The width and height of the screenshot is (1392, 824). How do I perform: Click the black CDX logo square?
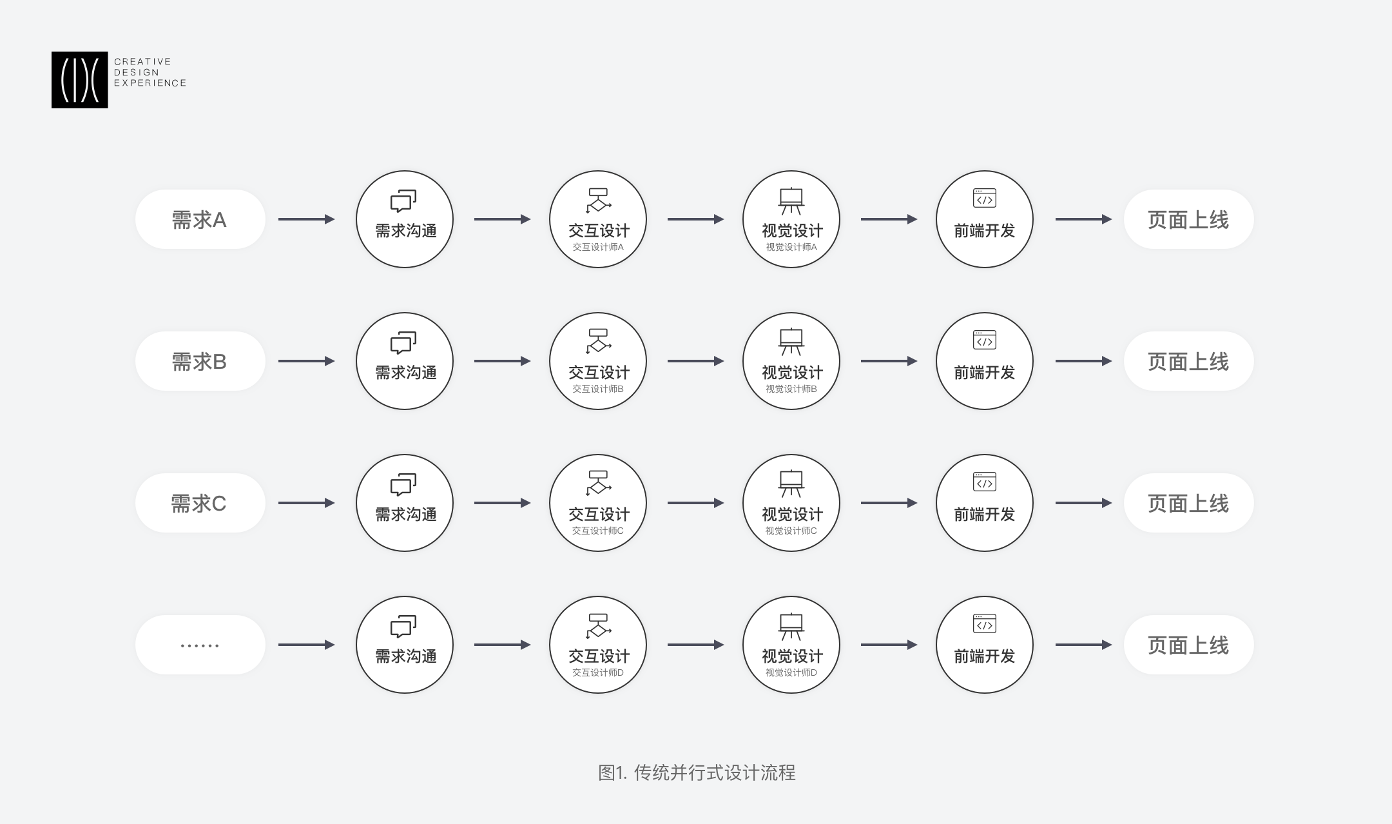point(80,80)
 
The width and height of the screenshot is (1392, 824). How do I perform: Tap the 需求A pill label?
point(200,219)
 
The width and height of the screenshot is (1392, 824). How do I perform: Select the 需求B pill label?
point(200,361)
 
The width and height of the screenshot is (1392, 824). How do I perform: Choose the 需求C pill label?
point(200,503)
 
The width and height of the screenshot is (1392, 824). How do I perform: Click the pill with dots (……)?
point(200,645)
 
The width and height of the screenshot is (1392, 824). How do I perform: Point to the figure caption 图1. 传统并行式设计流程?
point(697,772)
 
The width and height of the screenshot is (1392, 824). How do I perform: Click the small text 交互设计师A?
point(598,247)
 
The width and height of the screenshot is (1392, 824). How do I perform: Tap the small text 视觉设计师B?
point(791,389)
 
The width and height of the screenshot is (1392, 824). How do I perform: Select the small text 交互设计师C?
point(598,531)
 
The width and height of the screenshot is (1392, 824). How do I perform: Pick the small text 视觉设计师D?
point(791,672)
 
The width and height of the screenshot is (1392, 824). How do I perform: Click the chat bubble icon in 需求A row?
point(403,201)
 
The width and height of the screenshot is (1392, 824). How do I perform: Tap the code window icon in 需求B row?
point(985,340)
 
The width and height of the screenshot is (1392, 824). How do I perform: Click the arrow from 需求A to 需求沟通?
point(307,219)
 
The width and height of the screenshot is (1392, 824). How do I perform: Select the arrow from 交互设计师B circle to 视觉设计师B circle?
point(696,361)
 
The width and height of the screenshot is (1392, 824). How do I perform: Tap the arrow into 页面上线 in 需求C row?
point(1084,503)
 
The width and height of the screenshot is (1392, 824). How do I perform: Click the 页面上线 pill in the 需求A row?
point(1189,219)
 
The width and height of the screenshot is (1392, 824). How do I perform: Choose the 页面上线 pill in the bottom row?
point(1189,645)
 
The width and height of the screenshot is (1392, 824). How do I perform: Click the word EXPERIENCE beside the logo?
point(150,83)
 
